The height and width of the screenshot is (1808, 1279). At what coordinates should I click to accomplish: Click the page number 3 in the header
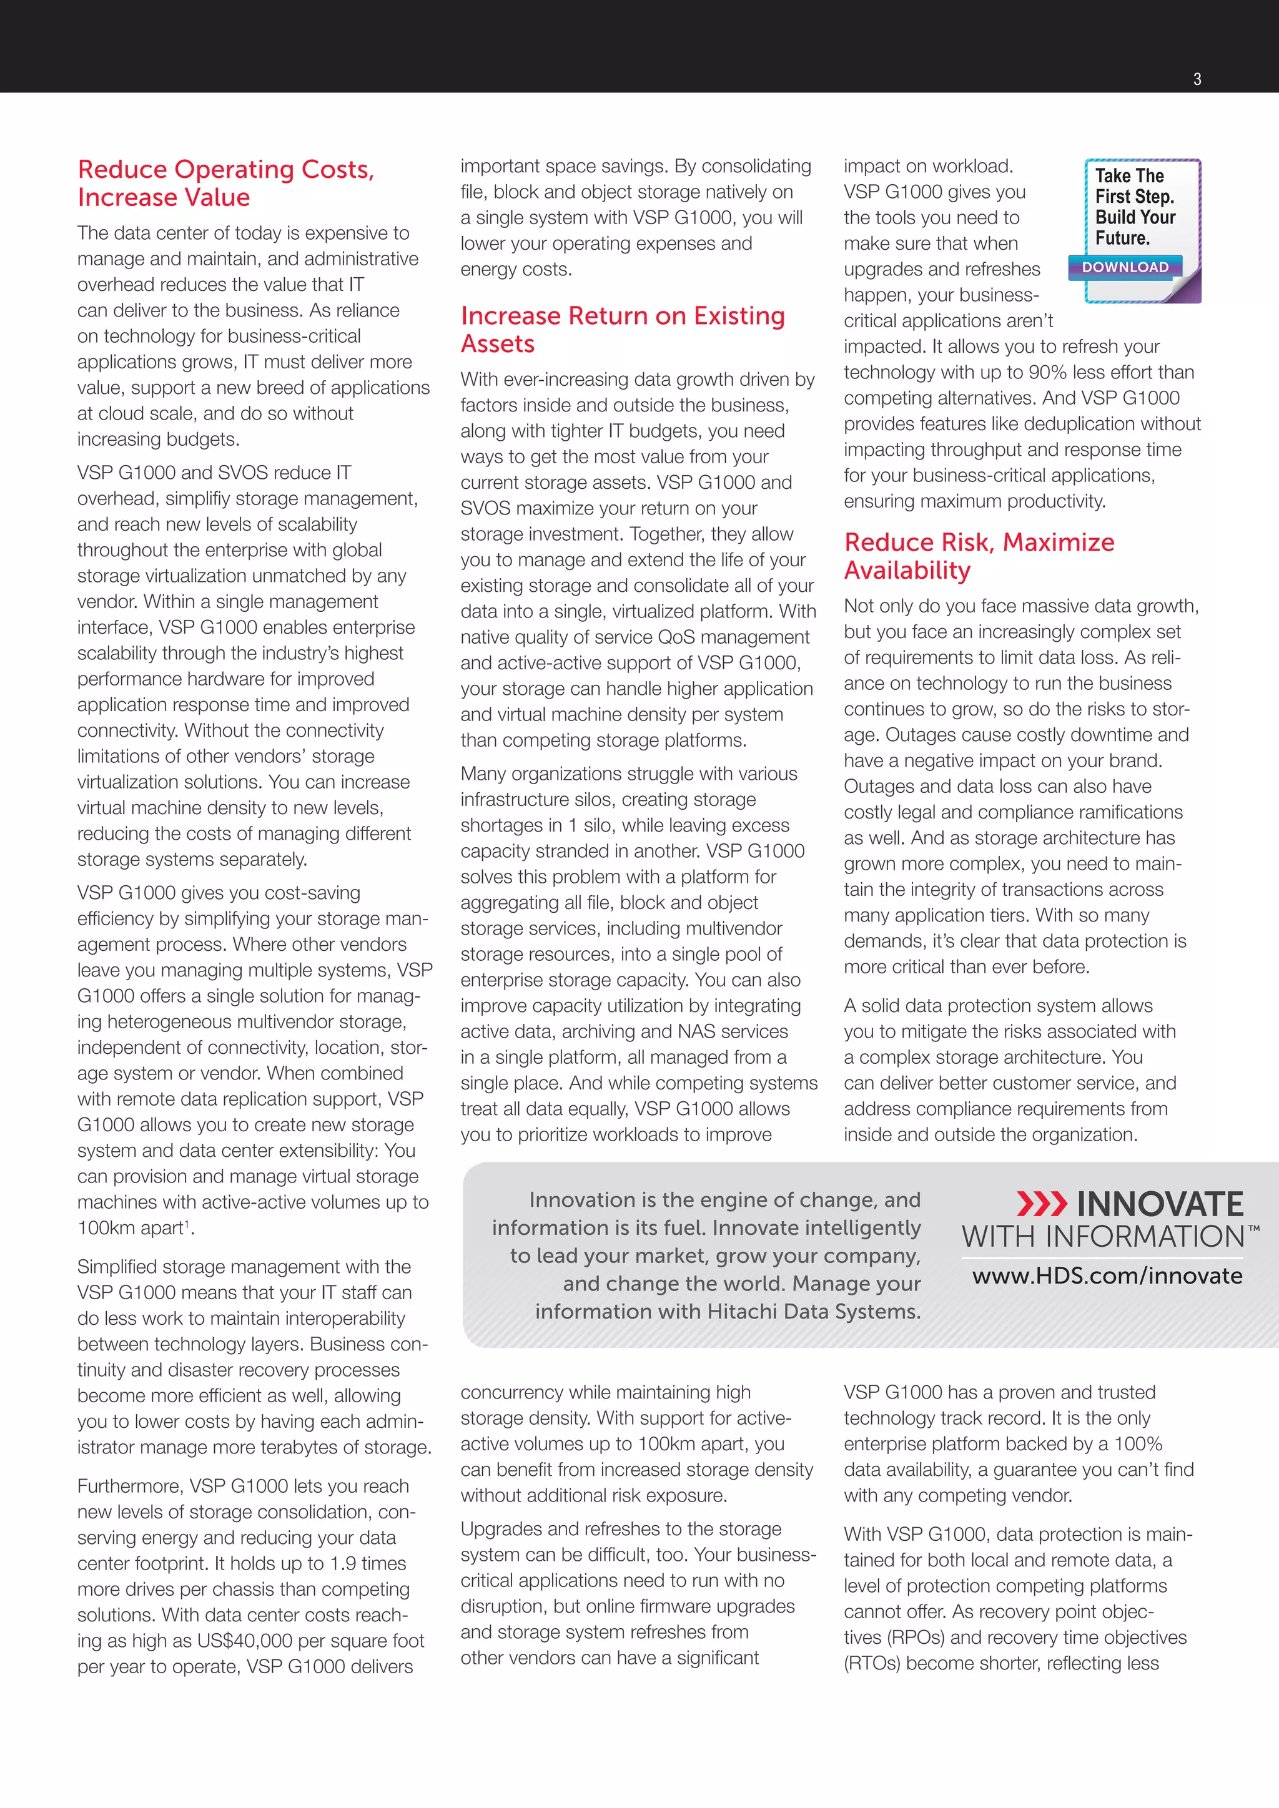coord(1197,79)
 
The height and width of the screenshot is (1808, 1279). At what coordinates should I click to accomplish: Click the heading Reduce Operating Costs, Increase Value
coord(225,183)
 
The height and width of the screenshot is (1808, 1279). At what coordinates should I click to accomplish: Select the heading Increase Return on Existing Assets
coord(622,329)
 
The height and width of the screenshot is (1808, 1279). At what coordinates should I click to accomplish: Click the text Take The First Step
coord(1134,186)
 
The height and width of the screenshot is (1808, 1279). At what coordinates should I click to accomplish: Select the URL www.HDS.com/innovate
coord(1107,1275)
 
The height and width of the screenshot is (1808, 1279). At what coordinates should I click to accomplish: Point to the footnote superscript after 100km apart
coord(187,1224)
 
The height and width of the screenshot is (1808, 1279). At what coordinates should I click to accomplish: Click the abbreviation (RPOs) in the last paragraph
coord(915,1638)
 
